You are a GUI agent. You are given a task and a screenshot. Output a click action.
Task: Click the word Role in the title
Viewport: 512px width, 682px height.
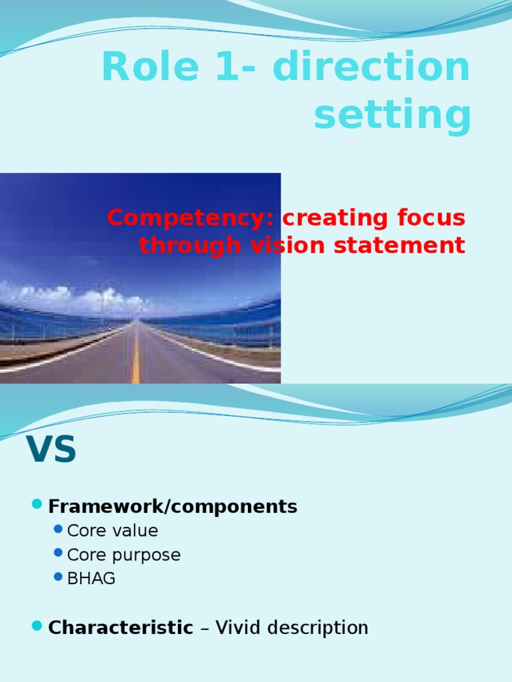pyautogui.click(x=150, y=66)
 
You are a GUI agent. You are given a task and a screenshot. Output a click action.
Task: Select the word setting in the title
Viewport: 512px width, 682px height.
pyautogui.click(x=392, y=115)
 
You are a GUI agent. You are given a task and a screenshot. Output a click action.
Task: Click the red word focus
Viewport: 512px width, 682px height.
pyautogui.click(x=431, y=218)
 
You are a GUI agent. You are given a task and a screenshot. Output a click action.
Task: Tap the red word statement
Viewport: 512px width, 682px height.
pyautogui.click(x=400, y=245)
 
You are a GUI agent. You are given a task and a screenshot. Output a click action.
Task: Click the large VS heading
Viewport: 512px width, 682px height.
pyautogui.click(x=51, y=450)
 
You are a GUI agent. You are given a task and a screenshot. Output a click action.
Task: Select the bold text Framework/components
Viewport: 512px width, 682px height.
pyautogui.click(x=173, y=507)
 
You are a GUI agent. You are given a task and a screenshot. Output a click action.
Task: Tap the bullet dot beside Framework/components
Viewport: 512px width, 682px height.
pyautogui.click(x=37, y=504)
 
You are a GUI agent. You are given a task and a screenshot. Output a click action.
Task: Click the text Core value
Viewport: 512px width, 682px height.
pyautogui.click(x=112, y=531)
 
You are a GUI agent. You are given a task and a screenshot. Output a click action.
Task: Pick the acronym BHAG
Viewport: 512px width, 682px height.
pyautogui.click(x=91, y=579)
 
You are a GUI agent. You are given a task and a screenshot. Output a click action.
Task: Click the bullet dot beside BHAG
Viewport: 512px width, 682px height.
pyautogui.click(x=59, y=577)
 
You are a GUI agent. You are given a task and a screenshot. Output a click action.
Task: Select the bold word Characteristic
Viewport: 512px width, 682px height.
pyautogui.click(x=121, y=627)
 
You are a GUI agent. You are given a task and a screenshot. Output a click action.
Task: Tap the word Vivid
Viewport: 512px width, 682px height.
pyautogui.click(x=238, y=627)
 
